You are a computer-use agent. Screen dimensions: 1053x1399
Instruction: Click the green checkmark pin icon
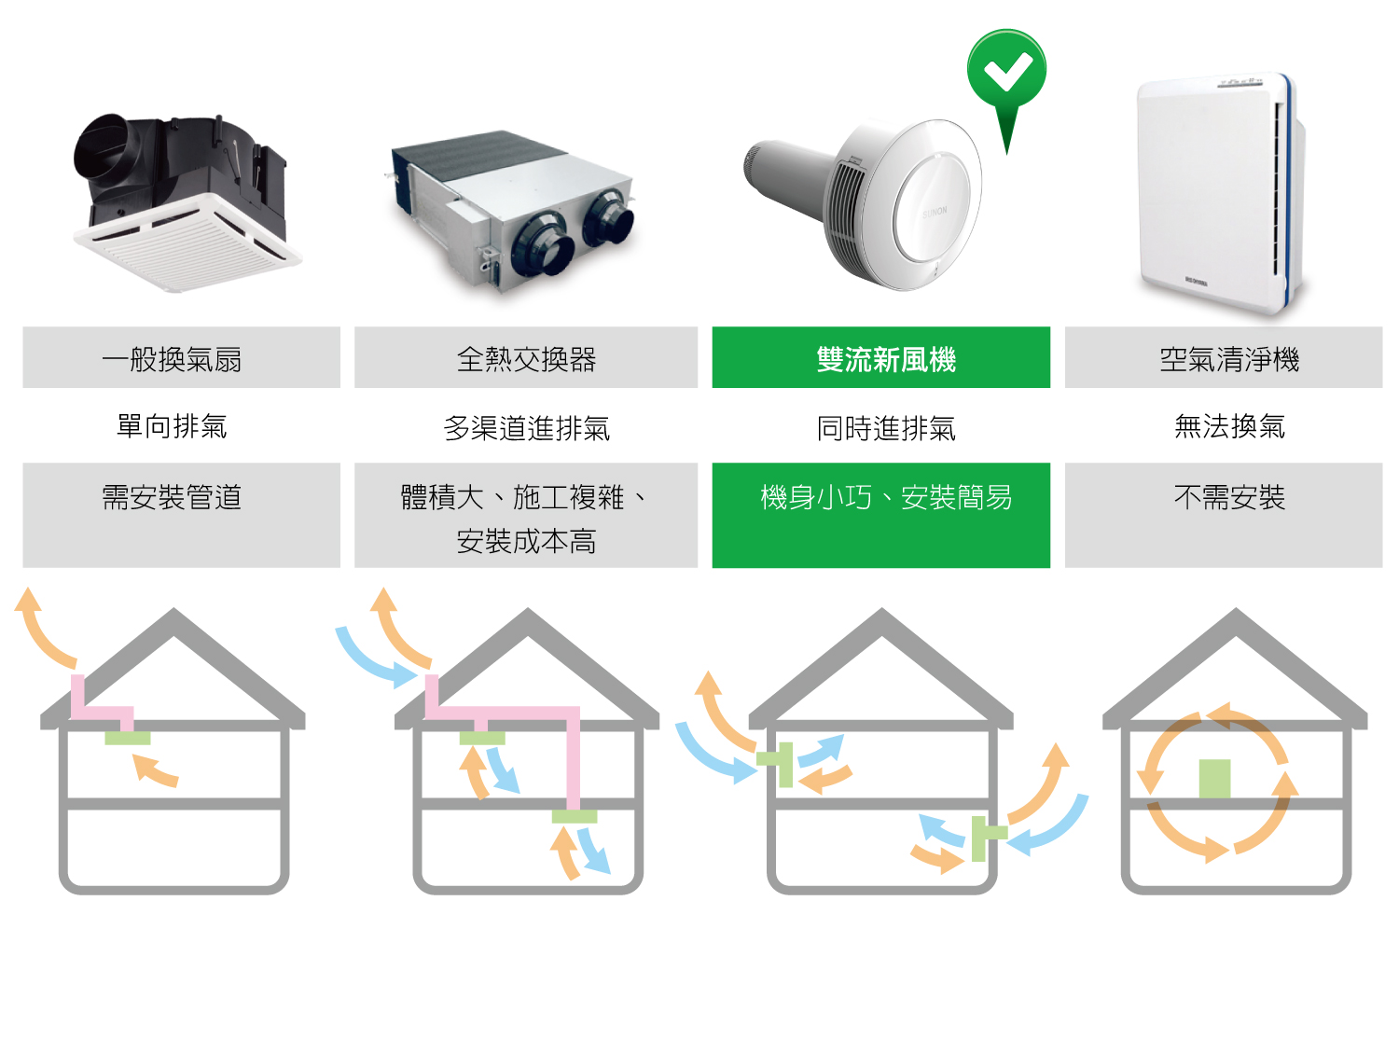coord(1006,75)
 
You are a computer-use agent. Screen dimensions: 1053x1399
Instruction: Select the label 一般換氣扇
coord(172,359)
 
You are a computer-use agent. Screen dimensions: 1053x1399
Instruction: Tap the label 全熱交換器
coord(526,359)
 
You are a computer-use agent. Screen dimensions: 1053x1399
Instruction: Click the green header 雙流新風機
coord(885,359)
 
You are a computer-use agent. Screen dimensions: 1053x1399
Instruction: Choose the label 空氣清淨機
coord(1228,359)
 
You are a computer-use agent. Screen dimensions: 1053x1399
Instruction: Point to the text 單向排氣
coord(172,426)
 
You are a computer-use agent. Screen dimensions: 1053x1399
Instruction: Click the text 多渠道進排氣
coord(526,428)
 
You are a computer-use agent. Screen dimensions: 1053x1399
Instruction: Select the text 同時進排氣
coord(885,428)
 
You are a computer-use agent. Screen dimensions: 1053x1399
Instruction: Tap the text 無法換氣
coord(1228,426)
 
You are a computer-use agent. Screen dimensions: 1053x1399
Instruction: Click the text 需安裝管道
coord(172,497)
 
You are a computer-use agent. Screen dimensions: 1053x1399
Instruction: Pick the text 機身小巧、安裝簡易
coord(885,497)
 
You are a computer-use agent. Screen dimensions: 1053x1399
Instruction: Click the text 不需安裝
coord(1228,497)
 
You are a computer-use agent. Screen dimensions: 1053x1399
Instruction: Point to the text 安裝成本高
coord(526,541)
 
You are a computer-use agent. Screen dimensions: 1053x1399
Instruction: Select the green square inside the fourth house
coord(1214,779)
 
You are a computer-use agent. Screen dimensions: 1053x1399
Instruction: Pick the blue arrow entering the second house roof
coord(373,658)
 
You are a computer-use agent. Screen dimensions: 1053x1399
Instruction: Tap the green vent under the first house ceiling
coord(128,739)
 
